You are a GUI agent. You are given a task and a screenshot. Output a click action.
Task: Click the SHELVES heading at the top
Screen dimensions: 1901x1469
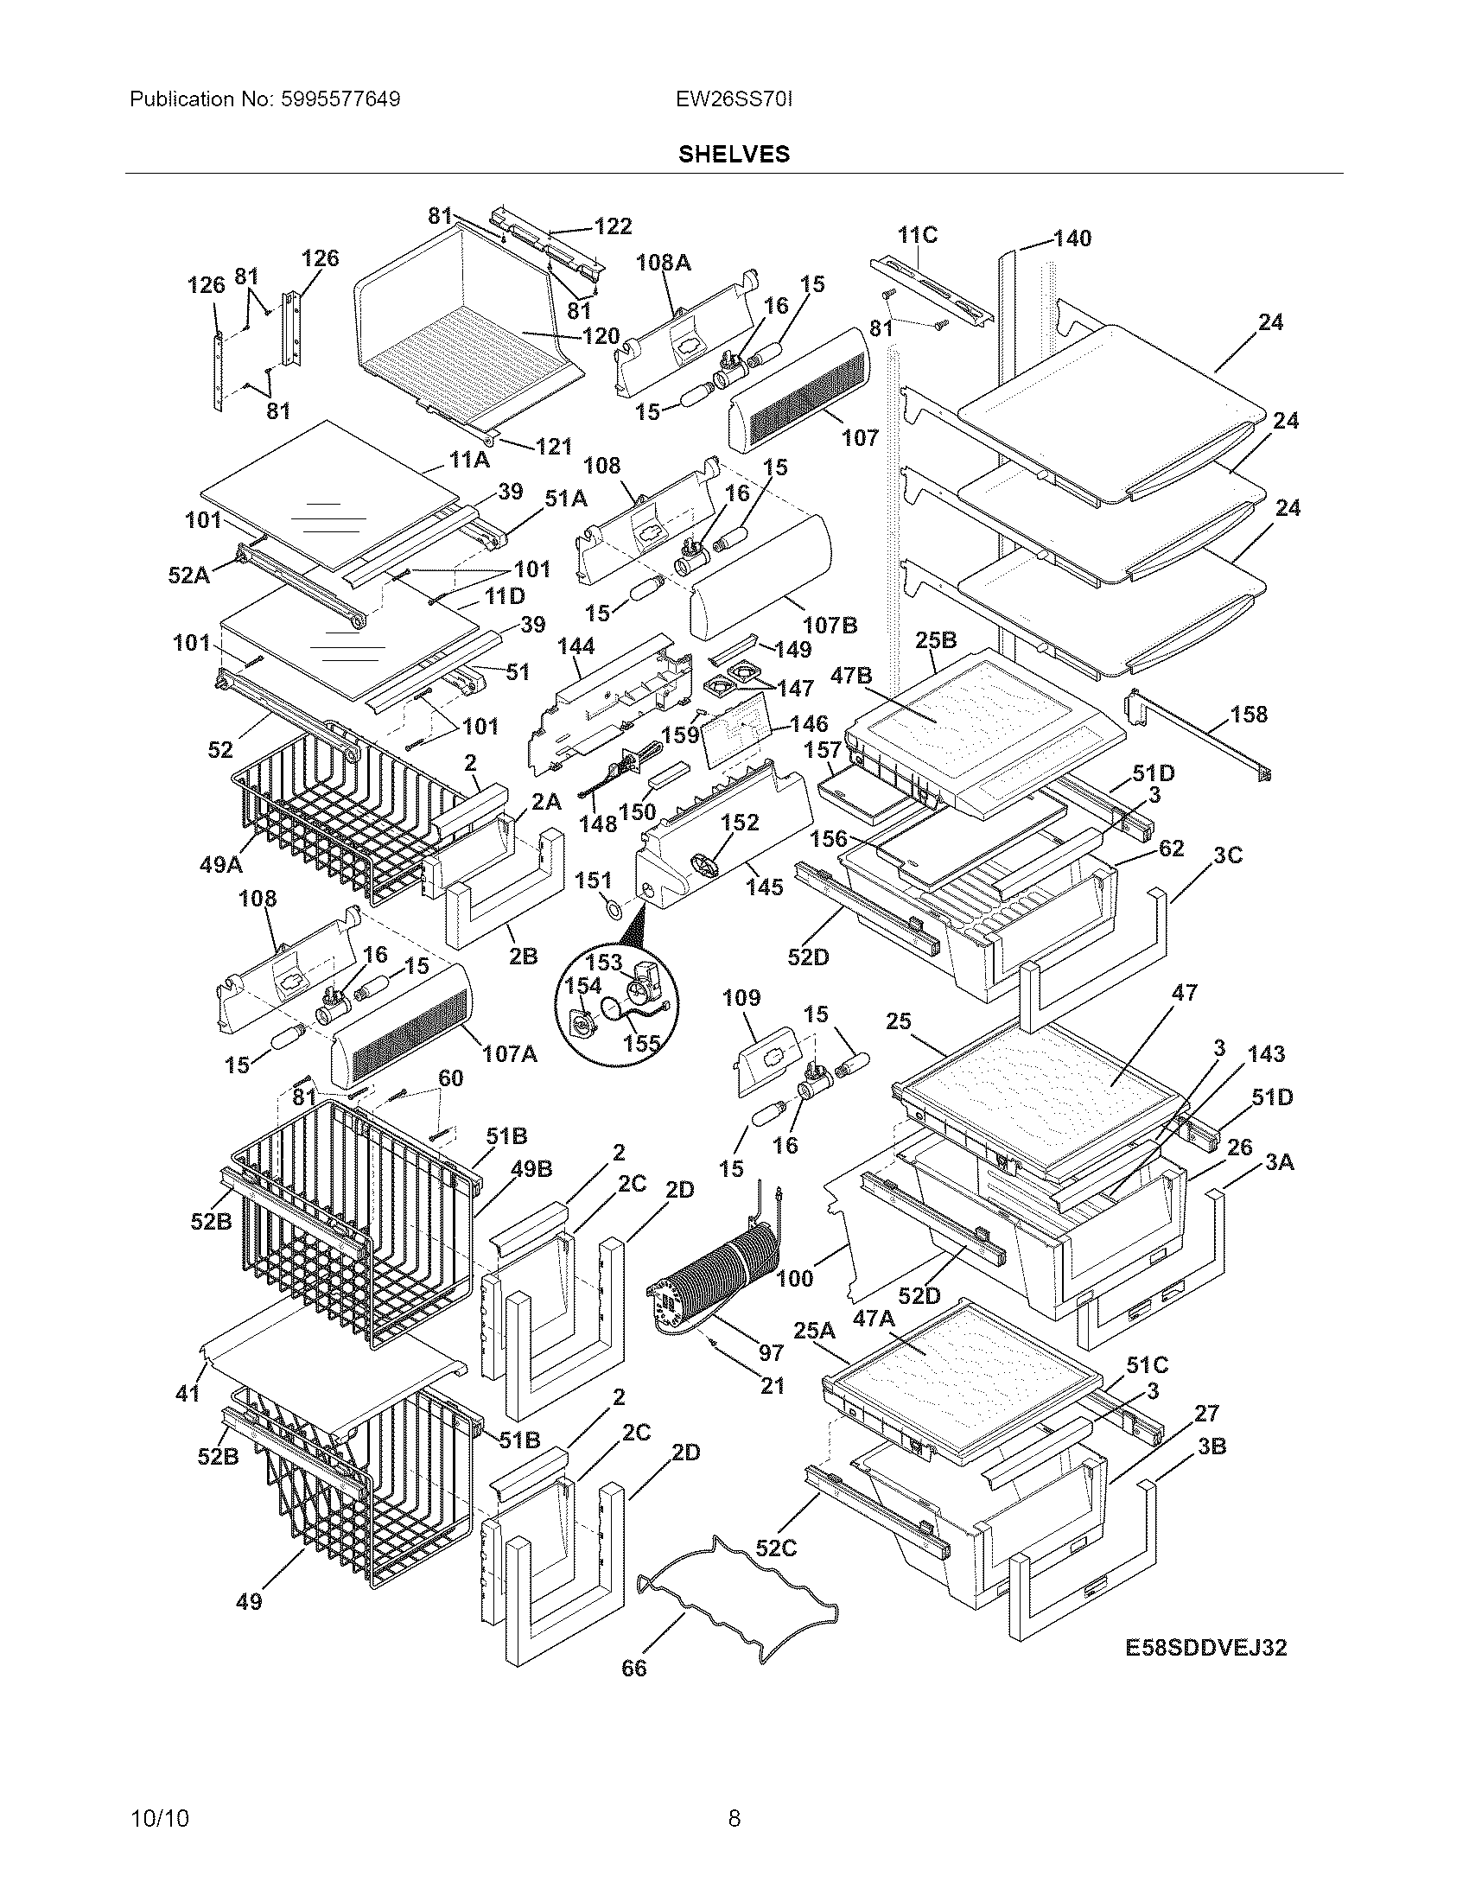pyautogui.click(x=734, y=154)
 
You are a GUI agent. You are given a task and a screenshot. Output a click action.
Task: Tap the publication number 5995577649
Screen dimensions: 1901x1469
pyautogui.click(x=341, y=99)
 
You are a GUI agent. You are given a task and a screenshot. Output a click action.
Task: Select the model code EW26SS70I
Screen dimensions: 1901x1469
pyautogui.click(x=734, y=99)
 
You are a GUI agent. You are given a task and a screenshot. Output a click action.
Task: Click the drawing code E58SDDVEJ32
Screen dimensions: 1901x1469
pyautogui.click(x=1205, y=1647)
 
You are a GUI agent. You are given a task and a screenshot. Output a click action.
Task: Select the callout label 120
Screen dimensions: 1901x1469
pyautogui.click(x=601, y=336)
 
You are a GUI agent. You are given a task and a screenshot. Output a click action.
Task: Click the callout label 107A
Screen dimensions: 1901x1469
pyautogui.click(x=511, y=1054)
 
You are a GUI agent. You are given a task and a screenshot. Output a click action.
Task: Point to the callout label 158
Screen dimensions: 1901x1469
pyautogui.click(x=1249, y=715)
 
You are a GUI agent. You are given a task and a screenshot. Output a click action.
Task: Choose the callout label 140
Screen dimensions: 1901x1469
pyautogui.click(x=1072, y=238)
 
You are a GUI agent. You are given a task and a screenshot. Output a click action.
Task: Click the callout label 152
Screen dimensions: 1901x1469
pyautogui.click(x=740, y=823)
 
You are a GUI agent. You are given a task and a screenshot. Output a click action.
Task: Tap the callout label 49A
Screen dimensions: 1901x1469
pyautogui.click(x=220, y=864)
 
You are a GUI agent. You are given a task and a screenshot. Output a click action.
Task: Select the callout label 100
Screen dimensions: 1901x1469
pyautogui.click(x=794, y=1278)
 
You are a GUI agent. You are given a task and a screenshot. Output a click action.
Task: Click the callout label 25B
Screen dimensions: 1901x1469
pyautogui.click(x=937, y=640)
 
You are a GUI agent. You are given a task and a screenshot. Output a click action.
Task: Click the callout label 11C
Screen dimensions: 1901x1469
pyautogui.click(x=917, y=235)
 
